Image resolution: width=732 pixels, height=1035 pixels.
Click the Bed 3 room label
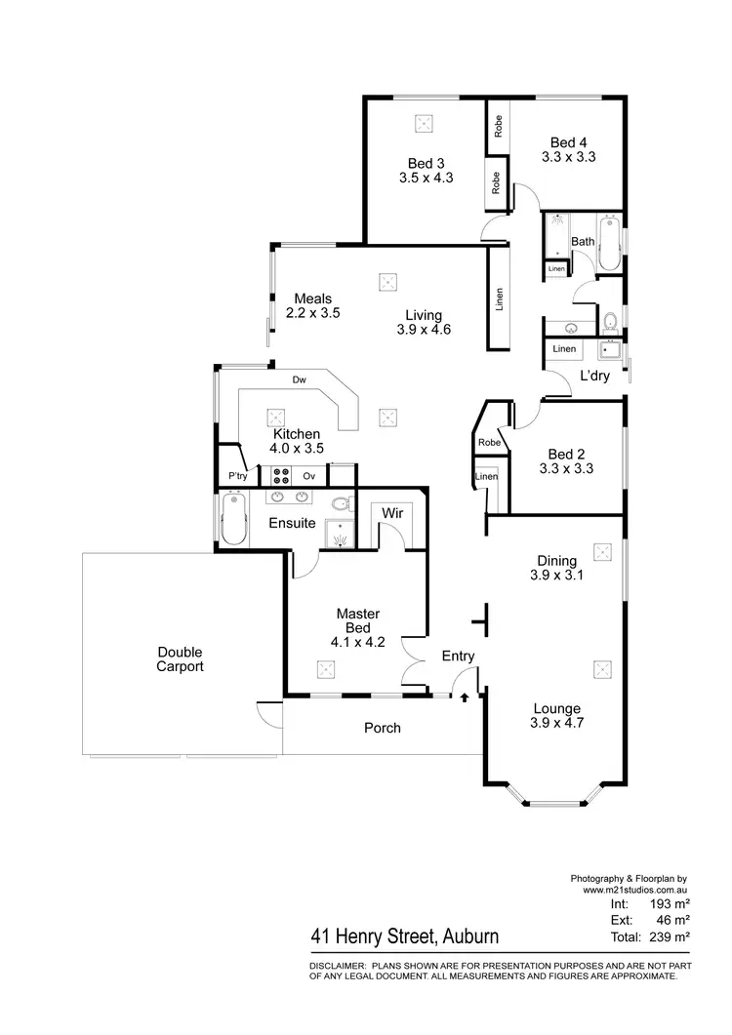[x=426, y=163]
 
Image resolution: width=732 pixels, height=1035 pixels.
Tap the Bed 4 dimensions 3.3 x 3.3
[x=569, y=156]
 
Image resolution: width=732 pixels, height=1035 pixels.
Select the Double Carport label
[x=180, y=659]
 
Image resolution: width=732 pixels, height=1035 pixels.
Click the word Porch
[x=383, y=728]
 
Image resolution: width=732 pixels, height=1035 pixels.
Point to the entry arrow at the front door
[x=464, y=697]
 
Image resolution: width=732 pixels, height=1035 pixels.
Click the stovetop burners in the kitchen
[x=280, y=476]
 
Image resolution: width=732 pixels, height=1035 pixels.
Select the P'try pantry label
[x=236, y=476]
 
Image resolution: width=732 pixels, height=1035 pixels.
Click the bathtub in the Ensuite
[x=231, y=519]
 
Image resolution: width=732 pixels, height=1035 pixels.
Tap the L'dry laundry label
[x=594, y=376]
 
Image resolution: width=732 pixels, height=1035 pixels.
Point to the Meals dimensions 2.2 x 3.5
[x=312, y=314]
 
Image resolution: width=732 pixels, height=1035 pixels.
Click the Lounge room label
[x=556, y=709]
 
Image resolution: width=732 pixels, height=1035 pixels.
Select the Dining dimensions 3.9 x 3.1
[x=556, y=576]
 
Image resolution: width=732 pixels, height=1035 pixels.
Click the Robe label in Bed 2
[x=488, y=443]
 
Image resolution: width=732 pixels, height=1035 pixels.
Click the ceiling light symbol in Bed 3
[x=425, y=123]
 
